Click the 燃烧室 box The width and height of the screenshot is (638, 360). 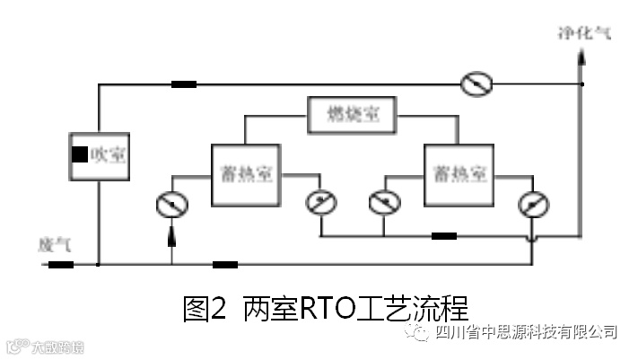tap(352, 115)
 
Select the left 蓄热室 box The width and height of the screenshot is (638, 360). tap(245, 168)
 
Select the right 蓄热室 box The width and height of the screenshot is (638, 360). tap(457, 168)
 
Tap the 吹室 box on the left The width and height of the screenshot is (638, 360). tap(98, 154)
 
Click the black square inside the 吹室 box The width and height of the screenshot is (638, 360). tap(81, 154)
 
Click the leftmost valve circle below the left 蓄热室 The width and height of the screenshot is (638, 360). tap(170, 205)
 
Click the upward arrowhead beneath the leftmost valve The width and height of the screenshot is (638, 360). tap(170, 236)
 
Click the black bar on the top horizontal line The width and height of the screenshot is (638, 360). tap(184, 85)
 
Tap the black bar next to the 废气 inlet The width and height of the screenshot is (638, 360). tap(60, 265)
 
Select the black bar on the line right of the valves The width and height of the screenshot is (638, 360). tap(443, 237)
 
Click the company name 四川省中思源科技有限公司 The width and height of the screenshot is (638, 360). tap(525, 332)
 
